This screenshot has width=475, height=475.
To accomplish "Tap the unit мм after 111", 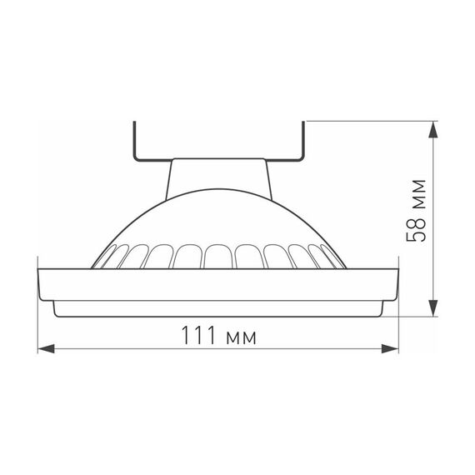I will pos(237,337).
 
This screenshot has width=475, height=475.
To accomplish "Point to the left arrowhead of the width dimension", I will pos(47,347).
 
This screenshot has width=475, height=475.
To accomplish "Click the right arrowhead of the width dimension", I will pos(392,347).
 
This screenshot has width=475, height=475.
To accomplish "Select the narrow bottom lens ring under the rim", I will pos(220,309).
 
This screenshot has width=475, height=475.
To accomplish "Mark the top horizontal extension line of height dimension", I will pos(375,122).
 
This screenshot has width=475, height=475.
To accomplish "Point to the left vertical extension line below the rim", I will pos(39,325).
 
